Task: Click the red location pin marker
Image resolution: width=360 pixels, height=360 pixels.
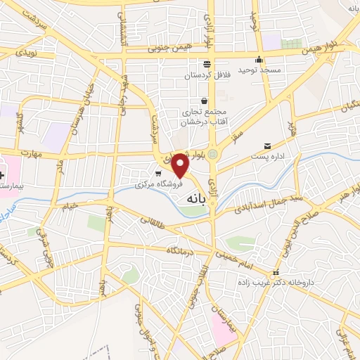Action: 181,165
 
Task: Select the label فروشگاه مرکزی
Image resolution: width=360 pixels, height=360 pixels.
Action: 161,185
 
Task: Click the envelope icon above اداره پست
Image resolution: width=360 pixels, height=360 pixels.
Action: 268,146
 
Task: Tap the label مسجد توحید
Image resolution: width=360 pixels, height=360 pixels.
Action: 260,71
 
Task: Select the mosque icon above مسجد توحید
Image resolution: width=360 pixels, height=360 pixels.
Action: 259,60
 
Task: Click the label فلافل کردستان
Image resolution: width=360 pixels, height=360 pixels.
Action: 208,75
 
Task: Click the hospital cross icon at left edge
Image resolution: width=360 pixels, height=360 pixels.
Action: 2,172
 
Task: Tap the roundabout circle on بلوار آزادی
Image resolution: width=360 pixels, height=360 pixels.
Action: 212,154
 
